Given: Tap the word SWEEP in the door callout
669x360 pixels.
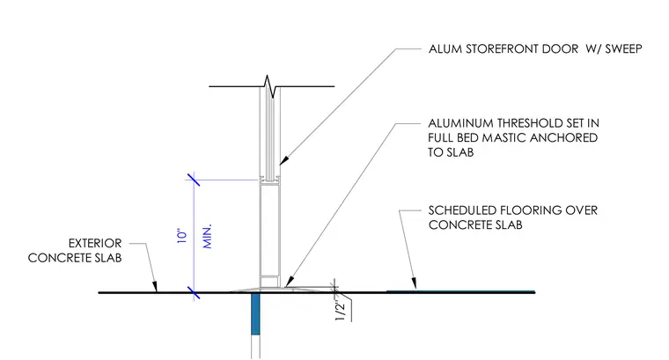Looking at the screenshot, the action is pyautogui.click(x=623, y=48).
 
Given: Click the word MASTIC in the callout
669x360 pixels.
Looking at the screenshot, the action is pyautogui.click(x=504, y=138).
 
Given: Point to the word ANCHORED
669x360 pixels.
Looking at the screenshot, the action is pyautogui.click(x=564, y=138).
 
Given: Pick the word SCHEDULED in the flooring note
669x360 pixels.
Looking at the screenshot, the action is pyautogui.click(x=462, y=210).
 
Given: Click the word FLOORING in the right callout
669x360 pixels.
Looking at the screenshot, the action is pyautogui.click(x=531, y=210).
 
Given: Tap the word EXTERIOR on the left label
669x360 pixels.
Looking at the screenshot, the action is pyautogui.click(x=95, y=243).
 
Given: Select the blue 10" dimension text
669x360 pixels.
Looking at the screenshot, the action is pyautogui.click(x=182, y=237).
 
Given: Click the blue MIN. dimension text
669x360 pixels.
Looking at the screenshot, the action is pyautogui.click(x=208, y=236).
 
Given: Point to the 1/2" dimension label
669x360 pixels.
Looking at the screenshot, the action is pyautogui.click(x=340, y=311).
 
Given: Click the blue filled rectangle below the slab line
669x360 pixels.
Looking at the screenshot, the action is pyautogui.click(x=255, y=313).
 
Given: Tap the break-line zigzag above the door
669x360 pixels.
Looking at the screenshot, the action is pyautogui.click(x=270, y=86).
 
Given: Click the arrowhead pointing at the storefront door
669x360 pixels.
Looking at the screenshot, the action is pyautogui.click(x=284, y=160).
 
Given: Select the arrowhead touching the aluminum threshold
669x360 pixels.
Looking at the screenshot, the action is pyautogui.click(x=289, y=282).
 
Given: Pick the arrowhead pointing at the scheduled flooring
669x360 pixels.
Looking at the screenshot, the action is pyautogui.click(x=413, y=283).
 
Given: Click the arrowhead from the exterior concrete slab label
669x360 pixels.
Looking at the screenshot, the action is pyautogui.click(x=155, y=286).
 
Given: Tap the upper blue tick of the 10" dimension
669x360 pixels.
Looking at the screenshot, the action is pyautogui.click(x=194, y=180).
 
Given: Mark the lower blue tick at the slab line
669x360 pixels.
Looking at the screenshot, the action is pyautogui.click(x=194, y=292).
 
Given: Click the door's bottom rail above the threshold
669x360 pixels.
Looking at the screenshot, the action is pyautogui.click(x=269, y=282).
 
